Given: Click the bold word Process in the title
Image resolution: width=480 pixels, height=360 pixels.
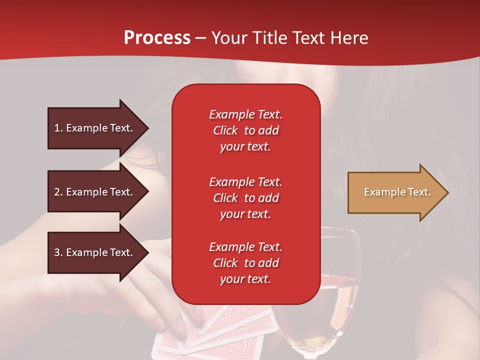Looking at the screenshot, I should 157,38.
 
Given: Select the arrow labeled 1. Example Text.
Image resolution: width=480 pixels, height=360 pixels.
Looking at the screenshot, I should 95,128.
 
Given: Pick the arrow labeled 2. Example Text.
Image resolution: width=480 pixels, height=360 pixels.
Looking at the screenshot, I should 95,192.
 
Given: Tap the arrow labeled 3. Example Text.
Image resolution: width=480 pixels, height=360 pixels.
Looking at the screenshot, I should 95,252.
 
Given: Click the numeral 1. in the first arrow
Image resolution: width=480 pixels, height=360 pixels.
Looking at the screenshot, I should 58,128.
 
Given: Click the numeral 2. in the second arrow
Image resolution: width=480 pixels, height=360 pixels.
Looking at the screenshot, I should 58,192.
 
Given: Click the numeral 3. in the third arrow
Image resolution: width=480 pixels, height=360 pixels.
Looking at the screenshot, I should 58,252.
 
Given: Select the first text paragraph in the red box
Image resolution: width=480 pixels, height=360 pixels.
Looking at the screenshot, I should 245,130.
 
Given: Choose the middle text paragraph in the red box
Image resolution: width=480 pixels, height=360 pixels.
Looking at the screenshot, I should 245,198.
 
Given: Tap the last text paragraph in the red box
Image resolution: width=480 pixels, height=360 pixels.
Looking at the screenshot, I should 245,263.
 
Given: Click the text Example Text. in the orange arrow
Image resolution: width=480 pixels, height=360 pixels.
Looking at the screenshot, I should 397,192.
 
